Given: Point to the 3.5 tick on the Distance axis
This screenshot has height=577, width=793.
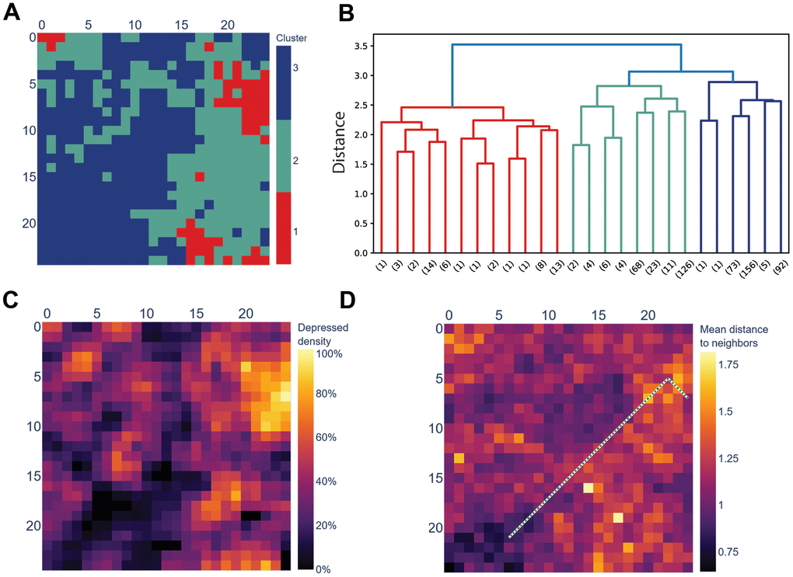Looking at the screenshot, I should pos(358,46).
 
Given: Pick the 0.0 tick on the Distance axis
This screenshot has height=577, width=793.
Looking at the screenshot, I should pos(358,252).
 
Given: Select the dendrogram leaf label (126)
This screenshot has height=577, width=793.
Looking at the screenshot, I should pos(683,276).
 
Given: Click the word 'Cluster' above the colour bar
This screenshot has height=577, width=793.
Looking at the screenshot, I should pos(292,37).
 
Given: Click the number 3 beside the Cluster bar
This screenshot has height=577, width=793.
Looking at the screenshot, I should pos(295,68).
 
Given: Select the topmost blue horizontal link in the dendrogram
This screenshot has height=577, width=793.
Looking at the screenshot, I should pos(567,45).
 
